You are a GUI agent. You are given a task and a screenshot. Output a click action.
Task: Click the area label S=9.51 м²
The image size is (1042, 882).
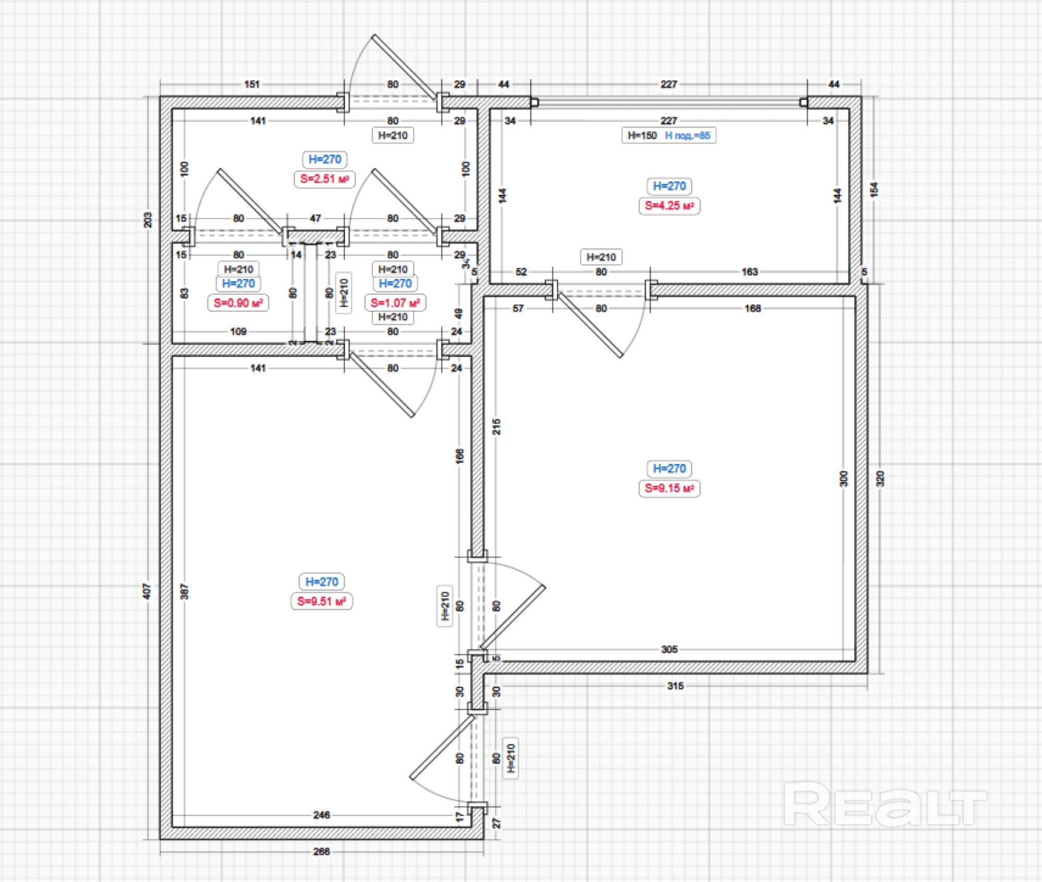pos(321,601)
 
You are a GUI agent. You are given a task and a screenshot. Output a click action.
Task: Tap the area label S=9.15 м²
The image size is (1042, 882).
pos(669,488)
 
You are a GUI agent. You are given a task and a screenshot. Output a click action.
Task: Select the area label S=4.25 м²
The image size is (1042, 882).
pos(669,206)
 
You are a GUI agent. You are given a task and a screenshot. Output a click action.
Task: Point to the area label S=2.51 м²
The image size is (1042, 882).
pos(324,179)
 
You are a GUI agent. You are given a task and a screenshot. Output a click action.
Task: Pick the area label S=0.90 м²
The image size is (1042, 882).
pos(238,303)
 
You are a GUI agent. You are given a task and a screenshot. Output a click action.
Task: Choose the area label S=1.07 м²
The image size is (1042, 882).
pos(395,303)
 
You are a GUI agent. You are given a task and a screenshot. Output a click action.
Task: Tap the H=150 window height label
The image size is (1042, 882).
pos(642,135)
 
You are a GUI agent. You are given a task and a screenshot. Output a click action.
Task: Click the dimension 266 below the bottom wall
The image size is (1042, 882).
pos(321,851)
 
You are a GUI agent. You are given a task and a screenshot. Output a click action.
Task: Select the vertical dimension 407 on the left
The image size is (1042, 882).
pos(147,591)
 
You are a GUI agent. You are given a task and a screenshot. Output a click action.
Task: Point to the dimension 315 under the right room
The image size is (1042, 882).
pos(675,686)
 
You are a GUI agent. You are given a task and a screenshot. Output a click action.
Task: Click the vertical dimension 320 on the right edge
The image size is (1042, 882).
pos(880,478)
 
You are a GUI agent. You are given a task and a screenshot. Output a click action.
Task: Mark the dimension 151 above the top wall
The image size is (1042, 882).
pos(252,84)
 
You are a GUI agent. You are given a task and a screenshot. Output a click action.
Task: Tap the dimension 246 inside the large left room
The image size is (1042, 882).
pos(321,815)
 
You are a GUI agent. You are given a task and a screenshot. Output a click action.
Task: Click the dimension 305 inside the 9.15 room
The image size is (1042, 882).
pos(669,649)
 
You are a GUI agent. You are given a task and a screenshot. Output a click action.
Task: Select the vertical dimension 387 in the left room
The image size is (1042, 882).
pos(184,591)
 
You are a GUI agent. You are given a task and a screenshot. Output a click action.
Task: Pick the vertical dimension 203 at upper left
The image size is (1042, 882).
pos(148,220)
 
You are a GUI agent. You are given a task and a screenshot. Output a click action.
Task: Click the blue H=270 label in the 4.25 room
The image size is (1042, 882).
pos(669,186)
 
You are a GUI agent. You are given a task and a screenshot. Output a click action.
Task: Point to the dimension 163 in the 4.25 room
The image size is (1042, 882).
pos(749,272)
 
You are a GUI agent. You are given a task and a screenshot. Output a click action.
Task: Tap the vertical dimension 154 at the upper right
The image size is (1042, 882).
pos(874,190)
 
